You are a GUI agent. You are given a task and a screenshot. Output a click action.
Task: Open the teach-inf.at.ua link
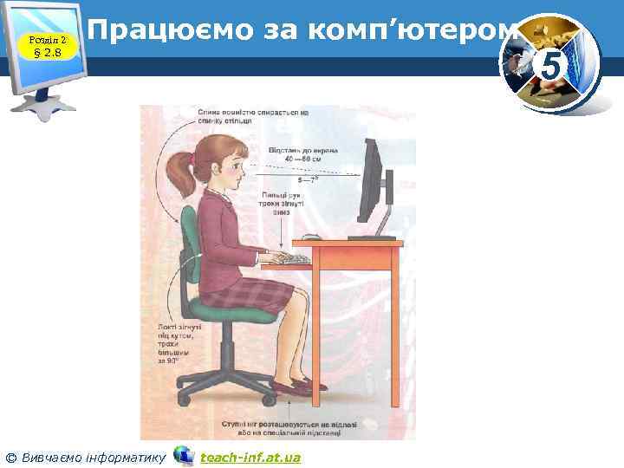250,457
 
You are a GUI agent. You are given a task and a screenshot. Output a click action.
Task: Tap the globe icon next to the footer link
183,455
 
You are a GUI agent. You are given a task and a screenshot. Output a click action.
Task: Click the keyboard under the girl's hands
290,259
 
